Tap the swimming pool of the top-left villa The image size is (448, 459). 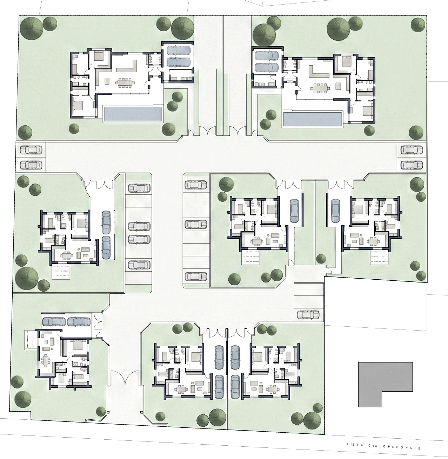pyautogui.click(x=133, y=114)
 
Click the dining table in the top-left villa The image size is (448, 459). pyautogui.click(x=125, y=82)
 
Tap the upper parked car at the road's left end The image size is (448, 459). pyautogui.click(x=31, y=149)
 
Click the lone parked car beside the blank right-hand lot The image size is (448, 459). pyautogui.click(x=308, y=314)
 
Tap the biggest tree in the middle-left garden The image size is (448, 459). pyautogui.click(x=27, y=277)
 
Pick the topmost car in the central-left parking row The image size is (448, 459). pyautogui.click(x=139, y=188)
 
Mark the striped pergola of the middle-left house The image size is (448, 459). pyautogui.click(x=61, y=272)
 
